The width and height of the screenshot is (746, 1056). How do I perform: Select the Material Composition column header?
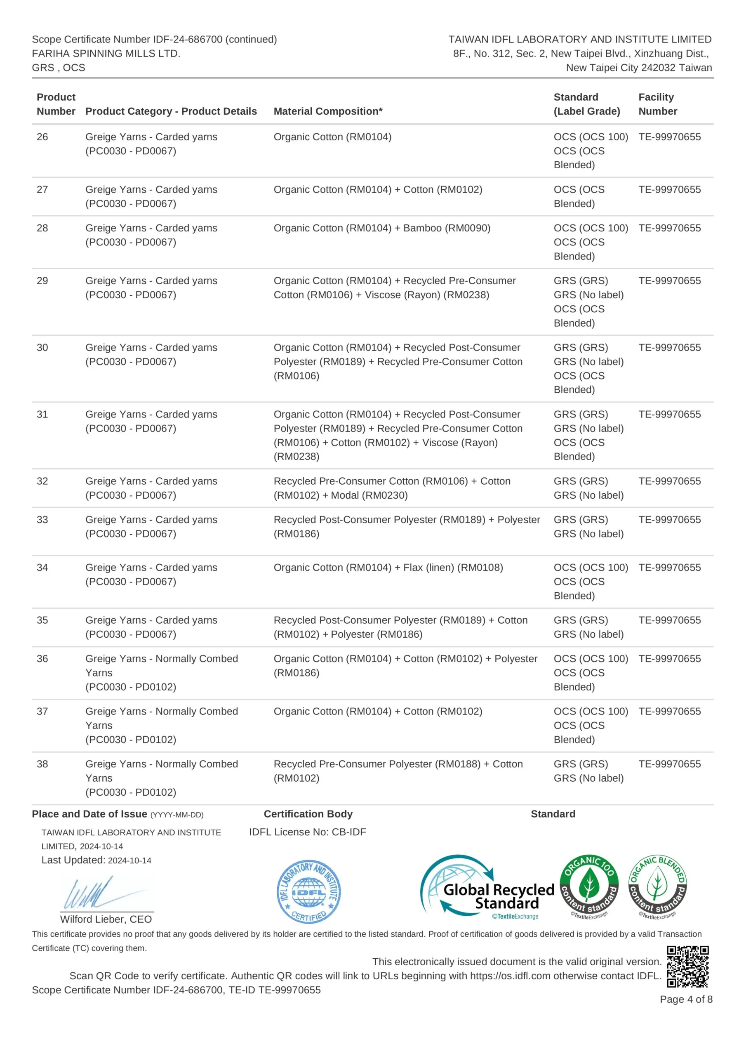tap(328, 111)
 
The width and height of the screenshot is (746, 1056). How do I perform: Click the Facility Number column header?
tap(657, 104)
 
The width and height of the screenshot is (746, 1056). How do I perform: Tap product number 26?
tap(42, 137)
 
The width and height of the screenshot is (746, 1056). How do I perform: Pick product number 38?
tap(42, 764)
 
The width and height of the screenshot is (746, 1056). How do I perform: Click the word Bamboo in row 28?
tap(422, 228)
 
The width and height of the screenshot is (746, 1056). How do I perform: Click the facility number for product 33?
tap(669, 520)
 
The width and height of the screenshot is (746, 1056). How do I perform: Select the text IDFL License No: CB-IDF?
tap(307, 832)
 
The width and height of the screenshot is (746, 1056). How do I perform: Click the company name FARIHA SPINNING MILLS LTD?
tap(106, 53)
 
